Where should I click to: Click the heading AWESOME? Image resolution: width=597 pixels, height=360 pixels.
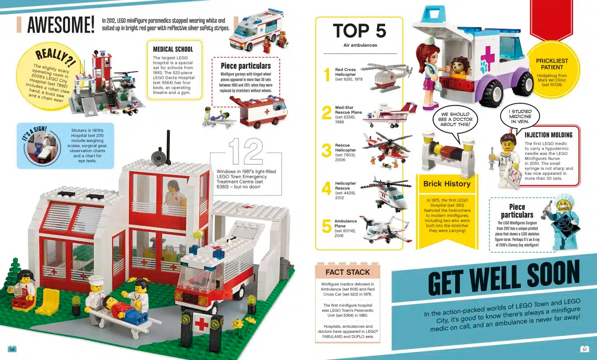pos(61,24)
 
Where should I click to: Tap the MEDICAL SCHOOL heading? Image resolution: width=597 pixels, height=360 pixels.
pos(173,49)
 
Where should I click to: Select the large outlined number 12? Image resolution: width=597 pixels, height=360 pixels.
pos(246,151)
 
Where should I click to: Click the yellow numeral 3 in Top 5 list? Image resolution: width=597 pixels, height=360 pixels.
pos(326,150)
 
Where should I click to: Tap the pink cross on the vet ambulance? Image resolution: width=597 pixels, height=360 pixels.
pos(487,57)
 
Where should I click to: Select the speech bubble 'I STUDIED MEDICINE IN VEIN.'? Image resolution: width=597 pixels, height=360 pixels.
pos(520,116)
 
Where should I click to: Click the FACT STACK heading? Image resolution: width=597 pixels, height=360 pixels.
pos(348,272)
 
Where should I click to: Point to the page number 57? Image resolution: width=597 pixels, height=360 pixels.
pos(584,349)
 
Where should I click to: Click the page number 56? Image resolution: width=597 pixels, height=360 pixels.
pos(12,349)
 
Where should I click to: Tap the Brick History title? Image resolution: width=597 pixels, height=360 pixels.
pos(447,183)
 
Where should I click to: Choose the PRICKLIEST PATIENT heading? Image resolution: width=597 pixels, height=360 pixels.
pos(552,64)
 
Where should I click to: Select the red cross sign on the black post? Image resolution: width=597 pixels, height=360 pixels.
pos(201,323)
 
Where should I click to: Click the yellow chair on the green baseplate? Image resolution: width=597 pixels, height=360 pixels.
pos(49,302)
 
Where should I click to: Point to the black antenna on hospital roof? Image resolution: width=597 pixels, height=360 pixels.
pos(168,147)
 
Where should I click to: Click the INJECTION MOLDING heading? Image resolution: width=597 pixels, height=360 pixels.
pos(549,135)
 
